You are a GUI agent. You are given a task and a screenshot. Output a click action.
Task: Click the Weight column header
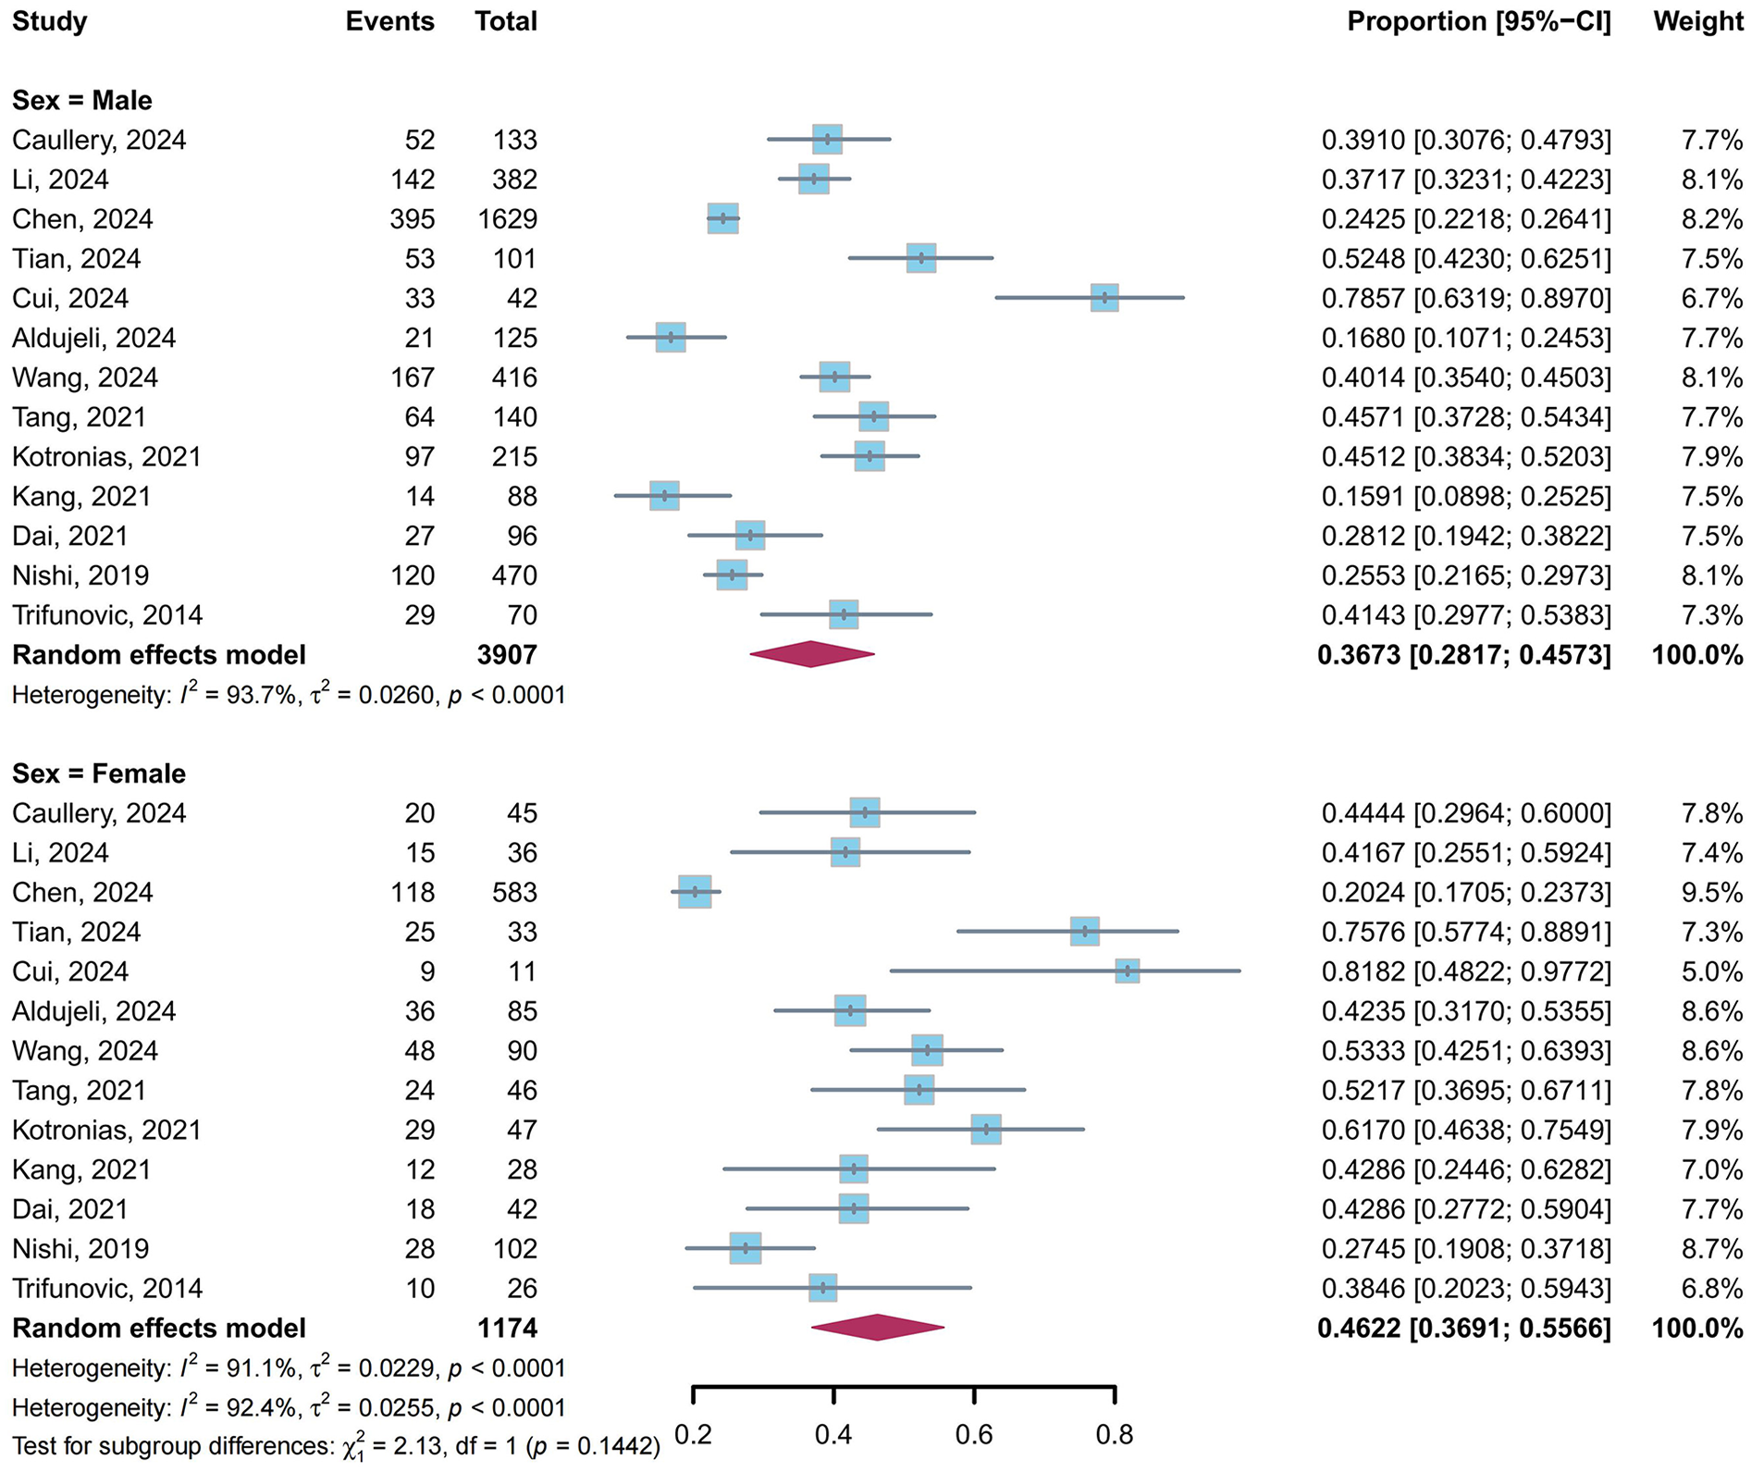tap(1697, 21)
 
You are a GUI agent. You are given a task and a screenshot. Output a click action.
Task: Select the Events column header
tap(389, 21)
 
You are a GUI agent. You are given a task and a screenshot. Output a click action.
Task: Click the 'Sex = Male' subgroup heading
tap(82, 100)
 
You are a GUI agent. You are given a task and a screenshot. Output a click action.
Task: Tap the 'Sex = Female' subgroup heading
tap(99, 773)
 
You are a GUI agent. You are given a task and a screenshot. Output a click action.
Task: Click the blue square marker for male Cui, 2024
tap(1104, 298)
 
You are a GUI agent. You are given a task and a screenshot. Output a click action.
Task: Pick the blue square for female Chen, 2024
tap(695, 892)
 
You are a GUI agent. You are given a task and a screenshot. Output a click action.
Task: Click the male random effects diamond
tap(811, 654)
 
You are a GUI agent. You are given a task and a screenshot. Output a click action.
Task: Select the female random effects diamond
tap(877, 1328)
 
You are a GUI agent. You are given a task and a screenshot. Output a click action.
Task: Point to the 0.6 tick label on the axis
tap(974, 1435)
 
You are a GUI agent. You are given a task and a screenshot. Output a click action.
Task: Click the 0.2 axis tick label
tap(693, 1435)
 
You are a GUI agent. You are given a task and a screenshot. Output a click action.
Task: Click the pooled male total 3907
tap(507, 655)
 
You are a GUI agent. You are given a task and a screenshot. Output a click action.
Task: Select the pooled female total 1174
tap(507, 1329)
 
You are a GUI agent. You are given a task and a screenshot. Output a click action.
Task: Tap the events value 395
tap(412, 219)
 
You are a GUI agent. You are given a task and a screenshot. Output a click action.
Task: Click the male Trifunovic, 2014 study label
tap(107, 615)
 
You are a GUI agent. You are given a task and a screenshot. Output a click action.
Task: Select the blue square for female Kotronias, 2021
tap(986, 1130)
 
